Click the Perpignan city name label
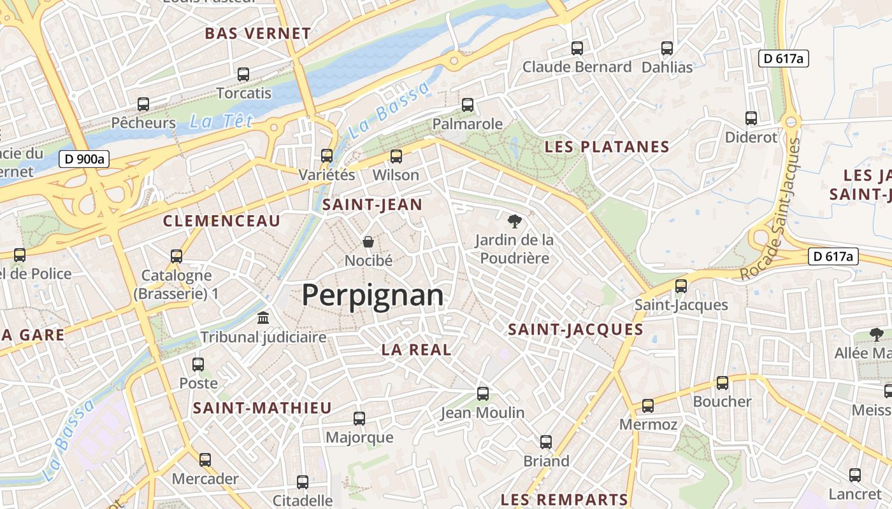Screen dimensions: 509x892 [372, 296]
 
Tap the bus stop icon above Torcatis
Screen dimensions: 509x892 [243, 74]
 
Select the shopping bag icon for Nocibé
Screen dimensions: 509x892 [368, 241]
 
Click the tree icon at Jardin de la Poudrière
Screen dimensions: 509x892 [514, 221]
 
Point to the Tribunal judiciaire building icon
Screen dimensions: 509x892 [263, 317]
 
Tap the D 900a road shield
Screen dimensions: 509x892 [85, 159]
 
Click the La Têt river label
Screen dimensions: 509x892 [221, 121]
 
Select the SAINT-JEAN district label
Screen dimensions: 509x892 [372, 205]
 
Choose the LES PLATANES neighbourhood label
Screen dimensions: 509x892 [607, 147]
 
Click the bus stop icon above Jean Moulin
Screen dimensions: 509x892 [483, 393]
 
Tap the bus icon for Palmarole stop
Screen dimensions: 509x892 [468, 104]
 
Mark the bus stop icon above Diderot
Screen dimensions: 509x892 [751, 118]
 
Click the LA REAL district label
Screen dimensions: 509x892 [416, 349]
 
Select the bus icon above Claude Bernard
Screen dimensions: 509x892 [577, 48]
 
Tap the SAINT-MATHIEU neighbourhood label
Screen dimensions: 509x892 [263, 408]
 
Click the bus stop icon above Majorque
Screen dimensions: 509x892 [359, 418]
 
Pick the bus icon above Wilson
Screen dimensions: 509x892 [396, 156]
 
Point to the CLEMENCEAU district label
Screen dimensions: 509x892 [222, 221]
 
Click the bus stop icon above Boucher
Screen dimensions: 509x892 [722, 382]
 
